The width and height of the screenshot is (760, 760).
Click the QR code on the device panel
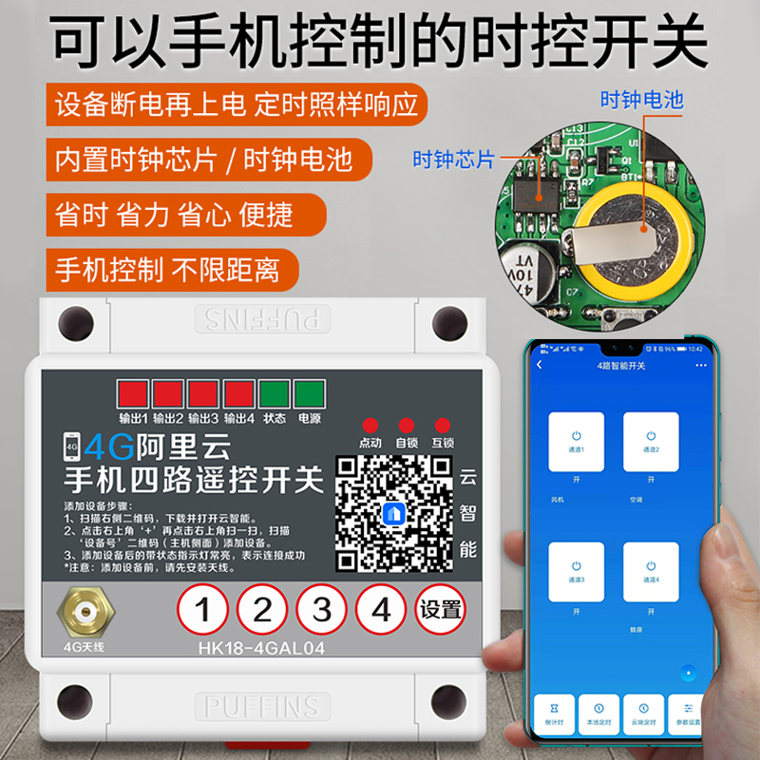[x=394, y=512]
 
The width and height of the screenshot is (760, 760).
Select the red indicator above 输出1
[x=131, y=394]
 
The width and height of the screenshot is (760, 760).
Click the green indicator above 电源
[x=309, y=394]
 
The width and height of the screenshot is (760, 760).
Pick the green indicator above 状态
[x=274, y=394]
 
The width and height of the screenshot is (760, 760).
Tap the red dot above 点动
[x=370, y=425]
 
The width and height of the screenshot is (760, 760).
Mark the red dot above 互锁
[x=442, y=425]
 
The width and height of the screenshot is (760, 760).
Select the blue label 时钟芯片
[x=453, y=160]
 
